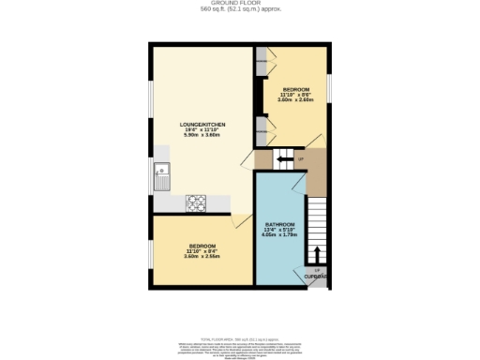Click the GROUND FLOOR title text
[x=240, y=4]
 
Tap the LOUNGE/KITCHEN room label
[x=202, y=124]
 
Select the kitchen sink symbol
[x=162, y=172]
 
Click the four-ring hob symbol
[x=197, y=201]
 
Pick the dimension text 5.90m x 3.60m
[x=202, y=136]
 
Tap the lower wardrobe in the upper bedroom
[x=261, y=132]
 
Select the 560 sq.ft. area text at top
[x=240, y=10]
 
